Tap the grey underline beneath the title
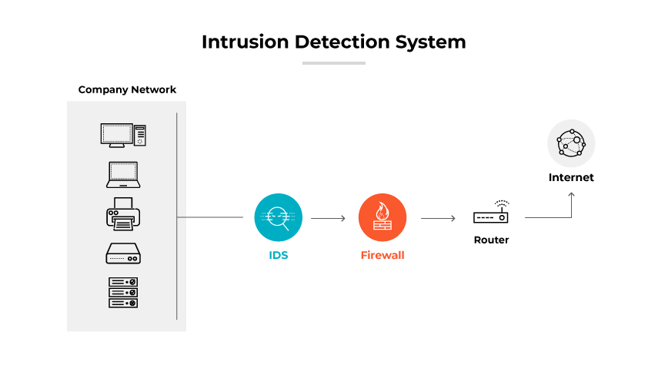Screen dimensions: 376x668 coord(333,63)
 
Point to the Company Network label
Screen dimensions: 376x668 coord(127,90)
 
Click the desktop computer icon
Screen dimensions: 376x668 coord(123,136)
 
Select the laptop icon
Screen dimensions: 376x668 coord(123,176)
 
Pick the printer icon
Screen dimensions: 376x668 coord(123,213)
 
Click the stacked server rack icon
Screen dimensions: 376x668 coord(123,293)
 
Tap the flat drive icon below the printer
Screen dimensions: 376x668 coord(123,253)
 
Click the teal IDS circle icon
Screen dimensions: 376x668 coord(279,217)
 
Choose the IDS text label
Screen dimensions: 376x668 coord(279,255)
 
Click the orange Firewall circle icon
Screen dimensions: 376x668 coord(382,217)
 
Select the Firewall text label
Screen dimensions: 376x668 coord(382,255)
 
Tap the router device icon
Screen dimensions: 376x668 coord(491,214)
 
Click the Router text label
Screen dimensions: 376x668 coord(491,240)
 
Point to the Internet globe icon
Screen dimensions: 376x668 coord(571,143)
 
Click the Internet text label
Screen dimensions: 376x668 coord(571,177)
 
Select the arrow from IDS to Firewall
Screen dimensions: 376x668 coord(329,218)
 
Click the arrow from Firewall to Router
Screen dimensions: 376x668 coord(438,218)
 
